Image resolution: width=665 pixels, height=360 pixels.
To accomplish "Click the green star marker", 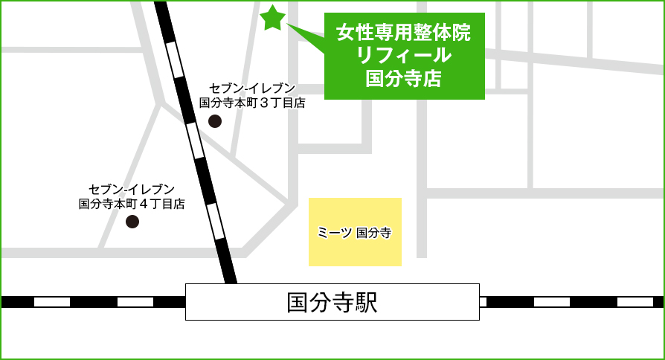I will coord(273,18).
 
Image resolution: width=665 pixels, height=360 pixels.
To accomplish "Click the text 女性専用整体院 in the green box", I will coord(404,33).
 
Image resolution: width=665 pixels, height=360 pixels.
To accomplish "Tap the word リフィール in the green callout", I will coord(404,55).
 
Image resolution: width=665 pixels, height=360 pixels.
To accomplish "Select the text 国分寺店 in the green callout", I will coord(404,77).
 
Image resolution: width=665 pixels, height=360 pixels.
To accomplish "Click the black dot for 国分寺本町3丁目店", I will coord(215,121).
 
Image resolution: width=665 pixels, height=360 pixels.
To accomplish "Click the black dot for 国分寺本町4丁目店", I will coord(132,221).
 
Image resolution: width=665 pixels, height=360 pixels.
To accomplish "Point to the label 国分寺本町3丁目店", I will coord(252,103).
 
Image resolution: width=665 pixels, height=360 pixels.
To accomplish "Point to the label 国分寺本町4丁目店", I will coord(132,202).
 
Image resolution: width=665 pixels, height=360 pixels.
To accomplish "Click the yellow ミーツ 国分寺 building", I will coord(355,253).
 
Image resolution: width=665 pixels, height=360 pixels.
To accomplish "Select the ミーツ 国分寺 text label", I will coord(355,232).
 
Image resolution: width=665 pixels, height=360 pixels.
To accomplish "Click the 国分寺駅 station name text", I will coord(332,302).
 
